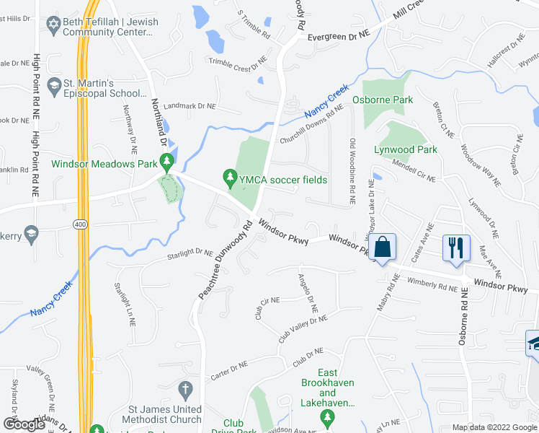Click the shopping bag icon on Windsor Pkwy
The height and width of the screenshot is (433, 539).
(384, 247)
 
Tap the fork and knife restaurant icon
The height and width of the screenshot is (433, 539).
(455, 248)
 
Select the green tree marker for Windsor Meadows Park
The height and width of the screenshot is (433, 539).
(167, 162)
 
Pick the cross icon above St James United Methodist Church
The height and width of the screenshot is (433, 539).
(185, 390)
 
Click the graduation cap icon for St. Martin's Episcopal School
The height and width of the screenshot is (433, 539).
(53, 87)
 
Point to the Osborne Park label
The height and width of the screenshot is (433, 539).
(383, 100)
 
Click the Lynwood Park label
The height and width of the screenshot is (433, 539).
(406, 150)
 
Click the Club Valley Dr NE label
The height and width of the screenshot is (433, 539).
(303, 328)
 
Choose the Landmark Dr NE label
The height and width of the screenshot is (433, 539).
(190, 106)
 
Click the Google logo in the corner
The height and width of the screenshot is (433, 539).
(24, 424)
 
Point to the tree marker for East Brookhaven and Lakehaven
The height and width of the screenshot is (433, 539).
(328, 417)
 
